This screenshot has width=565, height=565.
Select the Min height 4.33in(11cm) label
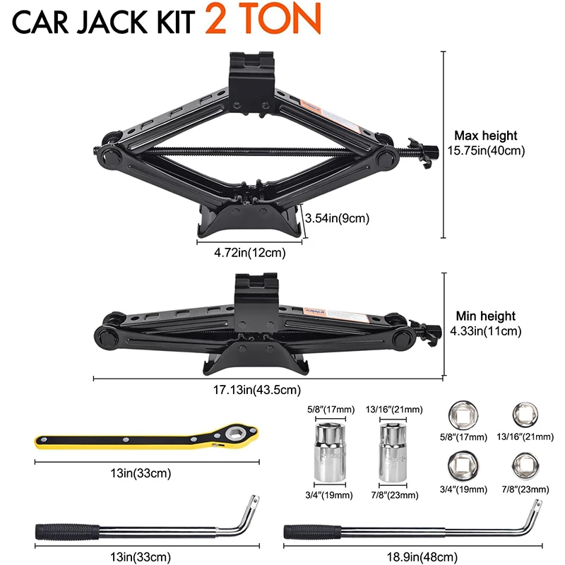[486, 323]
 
